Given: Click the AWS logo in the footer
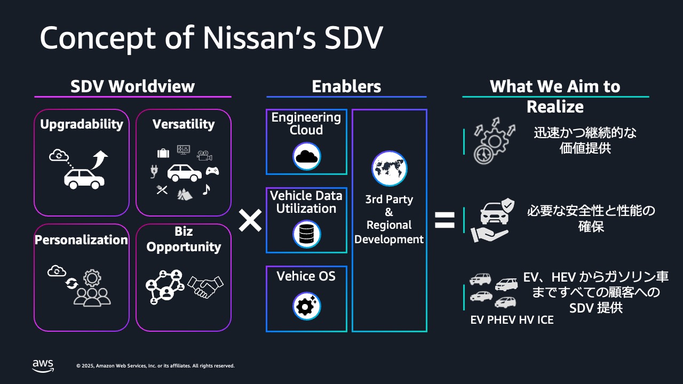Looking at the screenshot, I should pyautogui.click(x=43, y=365).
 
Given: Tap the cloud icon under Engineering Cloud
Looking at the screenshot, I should pyautogui.click(x=306, y=156).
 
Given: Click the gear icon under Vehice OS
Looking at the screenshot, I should pyautogui.click(x=306, y=306).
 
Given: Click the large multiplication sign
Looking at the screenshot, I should pyautogui.click(x=250, y=220).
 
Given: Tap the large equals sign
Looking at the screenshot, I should pyautogui.click(x=444, y=220).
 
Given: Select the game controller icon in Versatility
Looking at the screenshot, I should pyautogui.click(x=212, y=171).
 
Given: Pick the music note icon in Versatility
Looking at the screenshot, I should pyautogui.click(x=207, y=189).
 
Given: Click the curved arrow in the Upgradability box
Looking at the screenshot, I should pyautogui.click(x=99, y=159).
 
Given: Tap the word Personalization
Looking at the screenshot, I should pyautogui.click(x=81, y=240).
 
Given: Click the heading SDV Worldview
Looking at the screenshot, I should pyautogui.click(x=133, y=86).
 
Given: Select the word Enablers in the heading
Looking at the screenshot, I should pyautogui.click(x=346, y=86).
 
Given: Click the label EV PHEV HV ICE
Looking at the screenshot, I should pyautogui.click(x=512, y=320).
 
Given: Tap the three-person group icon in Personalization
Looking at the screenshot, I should pyautogui.click(x=92, y=296).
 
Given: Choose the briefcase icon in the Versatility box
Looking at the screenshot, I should pyautogui.click(x=163, y=154).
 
